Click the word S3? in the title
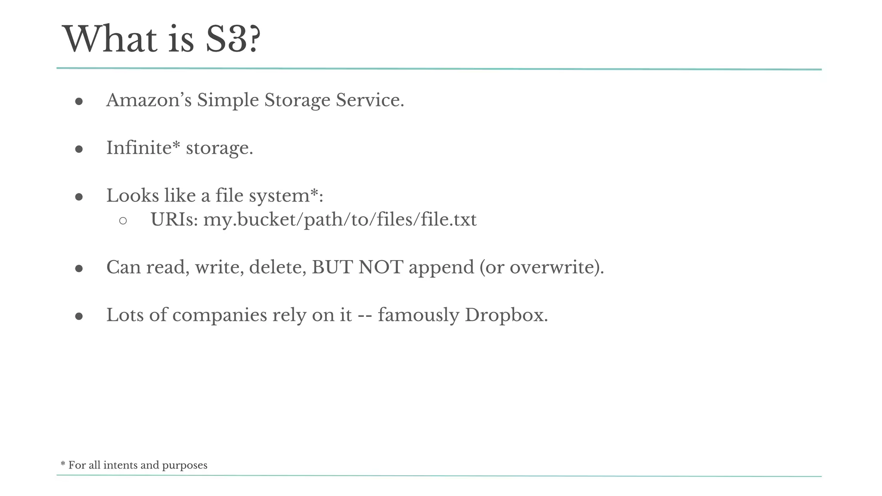click(233, 39)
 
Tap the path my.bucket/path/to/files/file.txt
click(340, 220)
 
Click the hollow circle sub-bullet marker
click(123, 221)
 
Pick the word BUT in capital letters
click(332, 267)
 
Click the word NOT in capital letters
click(380, 267)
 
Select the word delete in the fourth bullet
click(277, 267)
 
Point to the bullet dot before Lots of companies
click(79, 316)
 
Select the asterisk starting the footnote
click(63, 464)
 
